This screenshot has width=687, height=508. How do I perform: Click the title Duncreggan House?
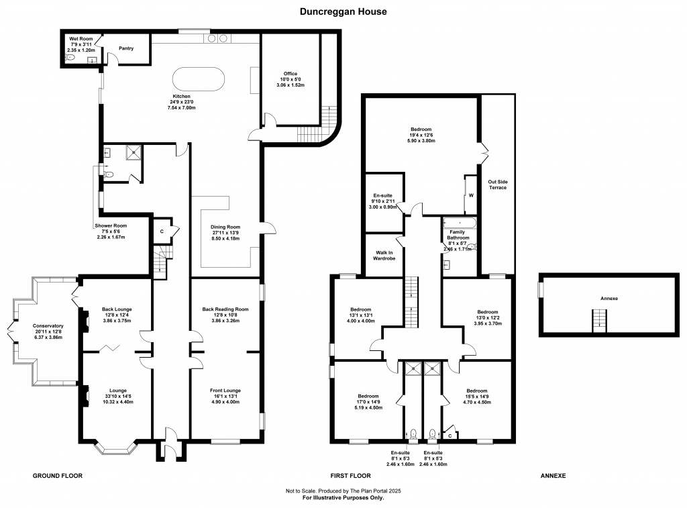pyautogui.click(x=343, y=12)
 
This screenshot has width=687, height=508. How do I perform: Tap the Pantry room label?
pyautogui.click(x=126, y=48)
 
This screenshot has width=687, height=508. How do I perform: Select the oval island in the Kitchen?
pyautogui.click(x=199, y=79)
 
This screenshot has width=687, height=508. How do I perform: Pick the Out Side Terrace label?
pyautogui.click(x=498, y=185)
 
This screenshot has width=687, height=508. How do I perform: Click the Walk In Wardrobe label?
pyautogui.click(x=384, y=256)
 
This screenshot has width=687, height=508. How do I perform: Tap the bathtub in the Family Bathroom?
pyautogui.click(x=460, y=223)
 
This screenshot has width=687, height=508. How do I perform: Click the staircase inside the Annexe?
pyautogui.click(x=599, y=320)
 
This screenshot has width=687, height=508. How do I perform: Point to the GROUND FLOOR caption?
pyautogui.click(x=58, y=476)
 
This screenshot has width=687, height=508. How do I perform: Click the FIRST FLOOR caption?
pyautogui.click(x=350, y=476)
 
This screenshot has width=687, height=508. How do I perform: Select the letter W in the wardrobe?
pyautogui.click(x=472, y=195)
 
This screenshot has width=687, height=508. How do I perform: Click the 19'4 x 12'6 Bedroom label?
pyautogui.click(x=421, y=135)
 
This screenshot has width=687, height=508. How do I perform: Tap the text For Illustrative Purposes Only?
pyautogui.click(x=343, y=498)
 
